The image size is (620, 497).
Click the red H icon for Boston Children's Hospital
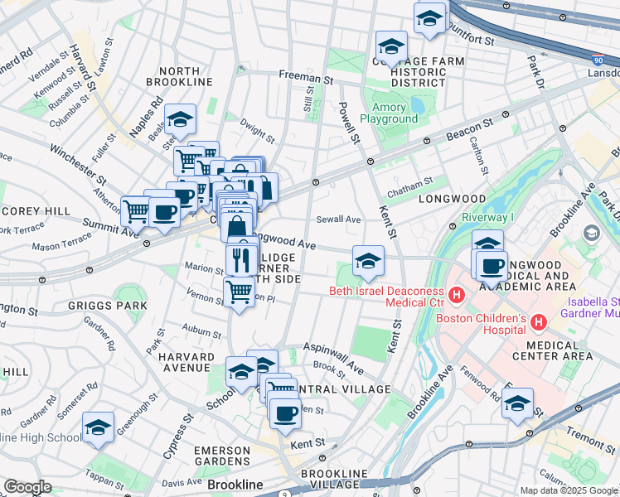click(x=538, y=320)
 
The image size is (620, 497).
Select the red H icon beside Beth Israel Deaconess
click(x=455, y=294)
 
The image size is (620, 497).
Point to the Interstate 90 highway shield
click(x=599, y=60)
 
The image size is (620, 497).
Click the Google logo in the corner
click(x=27, y=487)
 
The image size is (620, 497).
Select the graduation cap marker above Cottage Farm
click(x=390, y=46)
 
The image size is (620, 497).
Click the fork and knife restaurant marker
click(x=241, y=259)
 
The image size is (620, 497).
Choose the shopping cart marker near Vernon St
click(x=239, y=292)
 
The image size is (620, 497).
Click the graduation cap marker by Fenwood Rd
click(x=517, y=403)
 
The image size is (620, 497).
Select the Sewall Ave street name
click(x=338, y=220)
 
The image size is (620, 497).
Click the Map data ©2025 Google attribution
click(x=569, y=490)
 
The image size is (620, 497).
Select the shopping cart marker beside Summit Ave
click(x=136, y=210)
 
